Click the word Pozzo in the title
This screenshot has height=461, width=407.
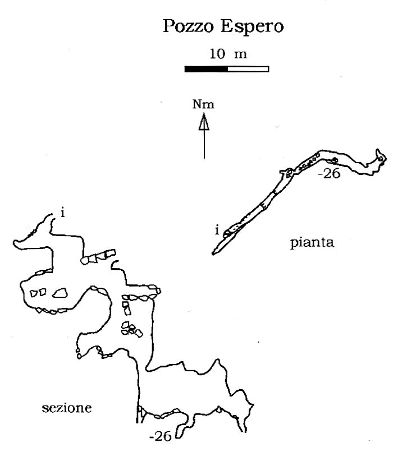click(188, 26)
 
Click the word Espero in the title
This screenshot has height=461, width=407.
click(252, 27)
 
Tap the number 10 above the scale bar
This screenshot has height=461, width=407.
click(217, 53)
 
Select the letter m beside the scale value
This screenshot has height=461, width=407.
click(240, 55)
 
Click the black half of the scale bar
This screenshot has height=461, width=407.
click(206, 69)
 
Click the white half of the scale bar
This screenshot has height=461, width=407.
click(248, 69)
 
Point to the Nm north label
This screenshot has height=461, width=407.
click(203, 105)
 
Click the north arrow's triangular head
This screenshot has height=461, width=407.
click(204, 122)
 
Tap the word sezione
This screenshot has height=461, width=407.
click(67, 408)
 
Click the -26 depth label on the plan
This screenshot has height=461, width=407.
click(330, 173)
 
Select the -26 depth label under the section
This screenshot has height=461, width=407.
click(161, 436)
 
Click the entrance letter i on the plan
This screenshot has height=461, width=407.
click(217, 230)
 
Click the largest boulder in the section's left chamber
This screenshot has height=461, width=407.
click(60, 293)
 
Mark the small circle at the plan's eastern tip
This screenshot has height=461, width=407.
click(381, 159)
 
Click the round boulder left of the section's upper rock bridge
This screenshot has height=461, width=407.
click(84, 260)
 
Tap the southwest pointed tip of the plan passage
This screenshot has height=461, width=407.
click(213, 253)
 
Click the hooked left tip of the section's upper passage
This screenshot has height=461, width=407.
click(15, 243)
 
